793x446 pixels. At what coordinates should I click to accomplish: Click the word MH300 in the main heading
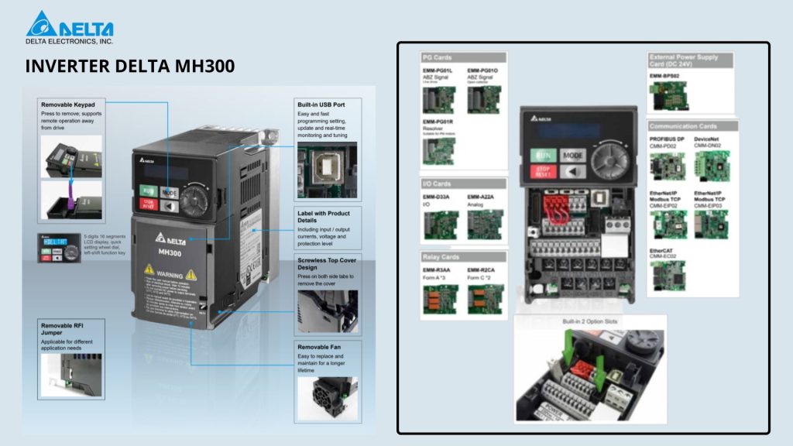(x=203, y=67)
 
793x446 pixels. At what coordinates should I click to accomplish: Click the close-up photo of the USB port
(x=326, y=168)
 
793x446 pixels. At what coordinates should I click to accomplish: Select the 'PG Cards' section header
(x=438, y=57)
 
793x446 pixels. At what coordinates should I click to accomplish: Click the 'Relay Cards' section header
(x=441, y=256)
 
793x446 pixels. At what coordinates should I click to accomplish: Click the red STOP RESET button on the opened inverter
(x=544, y=171)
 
